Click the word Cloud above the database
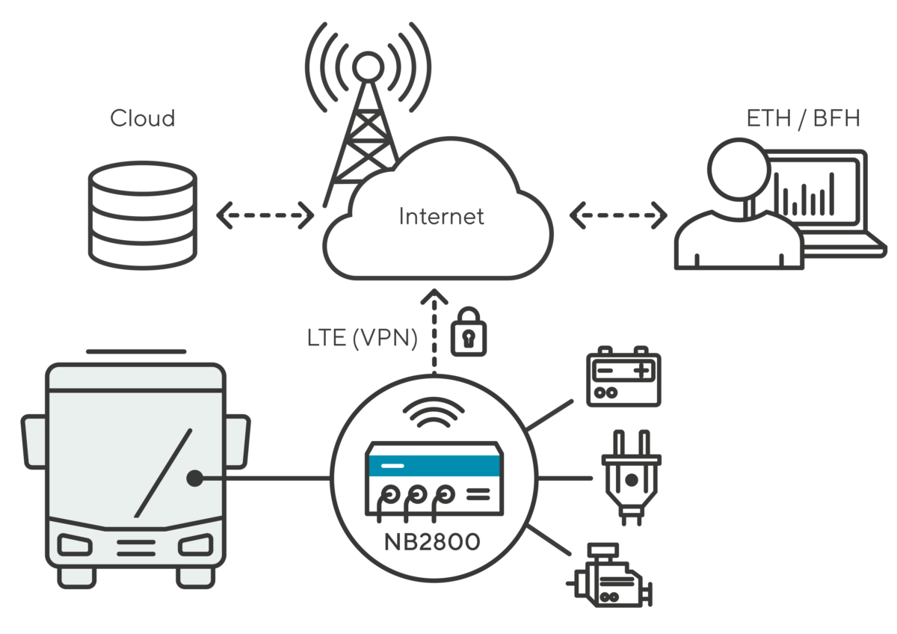point(142,118)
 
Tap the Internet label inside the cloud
point(441,217)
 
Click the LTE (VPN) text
point(362,338)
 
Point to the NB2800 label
point(432,542)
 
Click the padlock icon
point(468,331)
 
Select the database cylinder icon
point(142,215)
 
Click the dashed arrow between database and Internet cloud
point(265,216)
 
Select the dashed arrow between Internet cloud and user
point(617,216)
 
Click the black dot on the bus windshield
point(194,478)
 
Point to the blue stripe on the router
point(434,465)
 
